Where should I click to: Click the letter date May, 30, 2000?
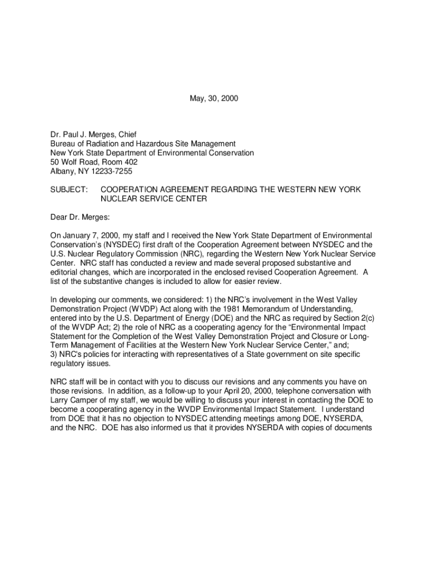213,99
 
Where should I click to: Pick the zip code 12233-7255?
111,171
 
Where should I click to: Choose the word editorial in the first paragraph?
66,272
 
